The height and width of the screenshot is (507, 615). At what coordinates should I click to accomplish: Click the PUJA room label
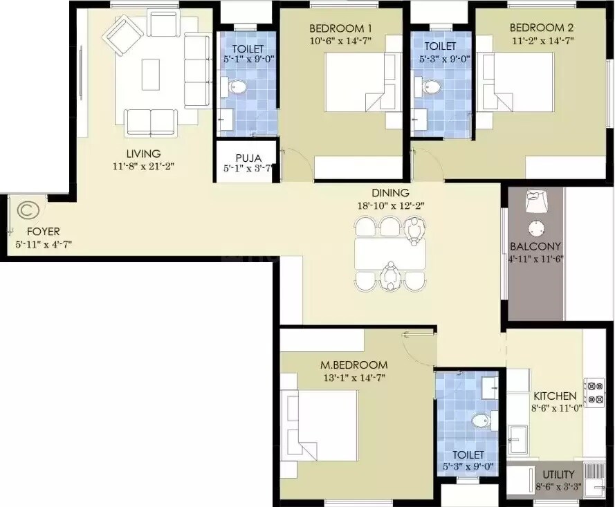(x=246, y=157)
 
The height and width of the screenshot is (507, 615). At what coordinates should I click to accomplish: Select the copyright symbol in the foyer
(x=27, y=209)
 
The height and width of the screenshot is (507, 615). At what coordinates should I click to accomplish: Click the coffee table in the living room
(x=151, y=74)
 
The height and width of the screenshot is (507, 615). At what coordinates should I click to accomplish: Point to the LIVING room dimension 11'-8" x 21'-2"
(x=143, y=165)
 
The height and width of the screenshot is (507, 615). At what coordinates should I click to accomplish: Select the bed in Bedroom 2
(x=519, y=82)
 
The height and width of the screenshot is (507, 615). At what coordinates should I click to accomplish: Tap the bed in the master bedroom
(x=320, y=425)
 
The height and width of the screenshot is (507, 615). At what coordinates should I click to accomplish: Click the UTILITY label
(x=558, y=474)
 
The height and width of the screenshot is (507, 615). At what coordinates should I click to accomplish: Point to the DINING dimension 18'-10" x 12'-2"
(x=390, y=205)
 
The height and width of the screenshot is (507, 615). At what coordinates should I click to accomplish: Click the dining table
(x=390, y=254)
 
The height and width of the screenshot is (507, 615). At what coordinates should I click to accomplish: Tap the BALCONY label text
(x=535, y=246)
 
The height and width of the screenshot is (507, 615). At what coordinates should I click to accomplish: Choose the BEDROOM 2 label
(x=532, y=28)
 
